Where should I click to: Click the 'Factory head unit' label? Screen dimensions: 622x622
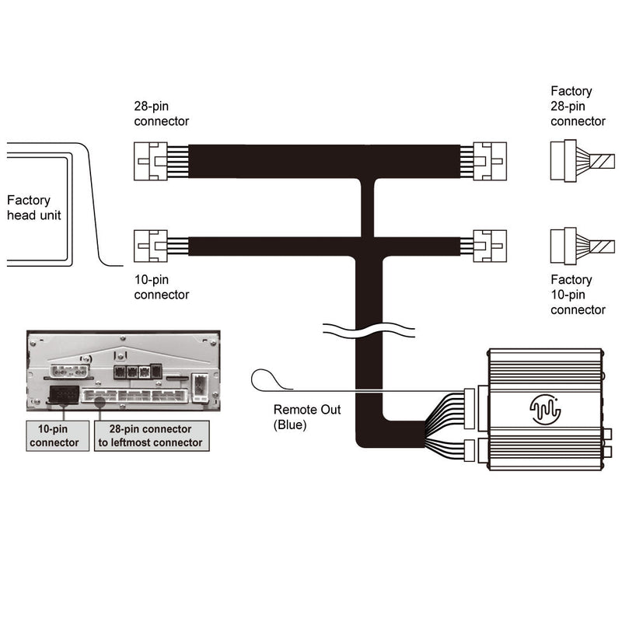coord(33,207)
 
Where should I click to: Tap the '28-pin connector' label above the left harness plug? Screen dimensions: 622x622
coord(161,114)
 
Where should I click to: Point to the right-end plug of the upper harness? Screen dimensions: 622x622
coord(489,161)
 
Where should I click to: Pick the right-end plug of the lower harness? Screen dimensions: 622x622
coord(489,247)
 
